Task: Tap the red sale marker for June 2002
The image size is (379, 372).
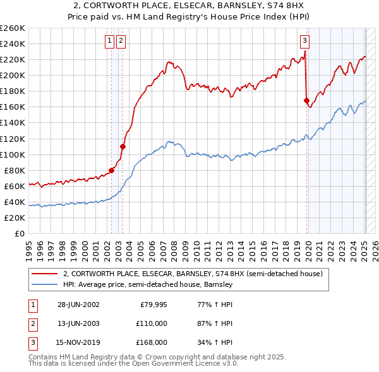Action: [x=112, y=170]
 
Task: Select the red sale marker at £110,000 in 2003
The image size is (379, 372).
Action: [x=123, y=146]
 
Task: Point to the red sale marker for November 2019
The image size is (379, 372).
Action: [x=306, y=100]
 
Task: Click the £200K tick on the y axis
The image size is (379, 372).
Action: [x=13, y=75]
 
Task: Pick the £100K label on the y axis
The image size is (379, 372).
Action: [x=13, y=154]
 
